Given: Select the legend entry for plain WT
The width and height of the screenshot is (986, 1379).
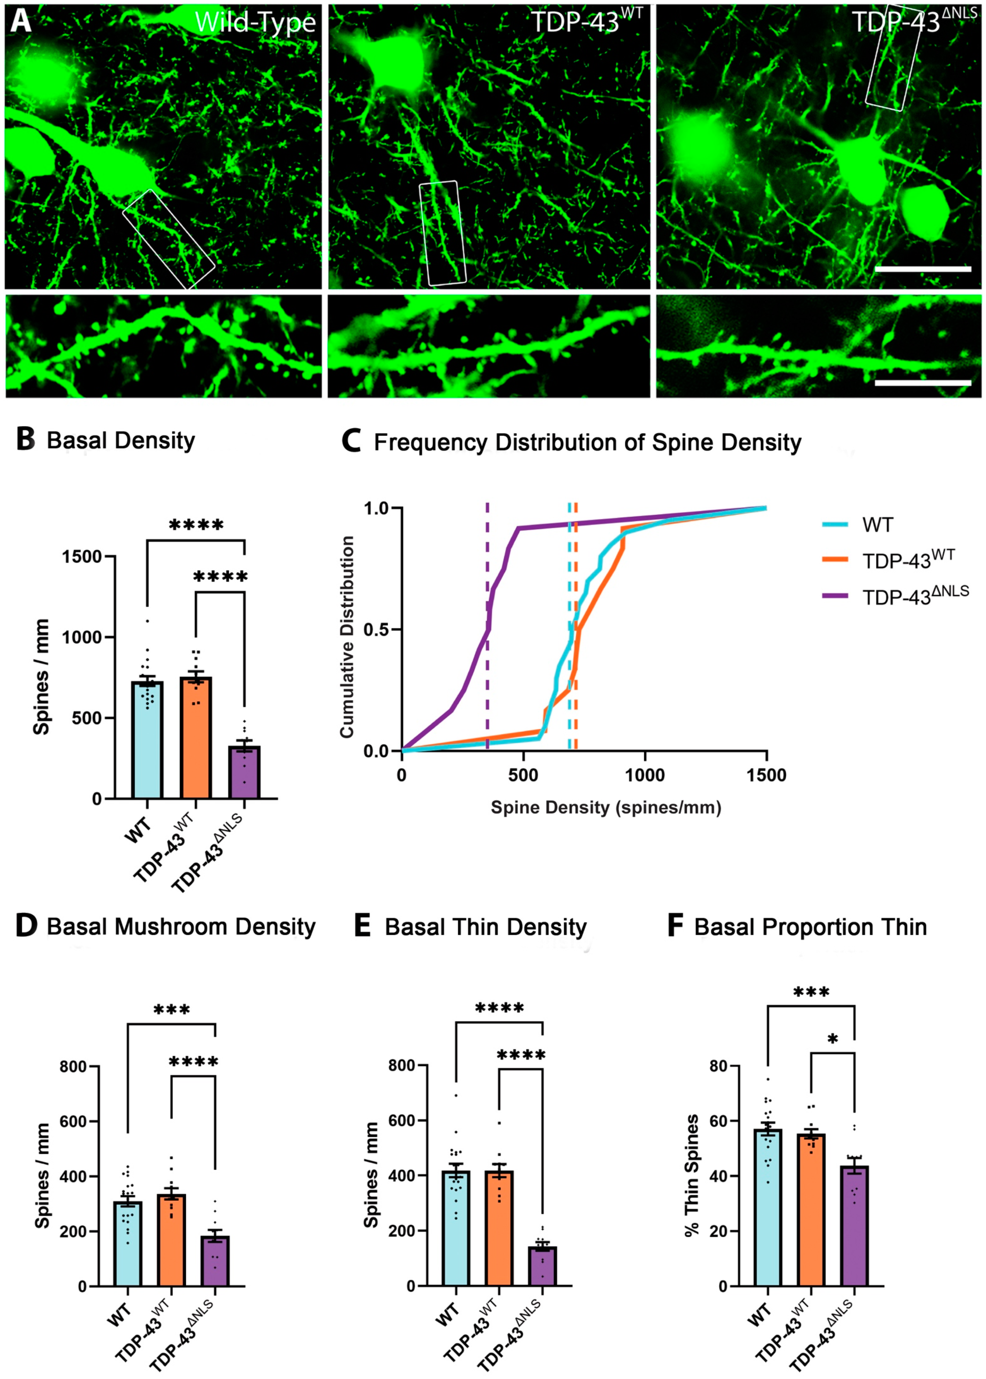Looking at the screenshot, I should pos(877,525).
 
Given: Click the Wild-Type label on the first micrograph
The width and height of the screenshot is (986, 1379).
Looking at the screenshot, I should pos(255,23).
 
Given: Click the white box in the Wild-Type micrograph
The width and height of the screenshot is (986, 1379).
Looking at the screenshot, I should pos(169,239).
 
